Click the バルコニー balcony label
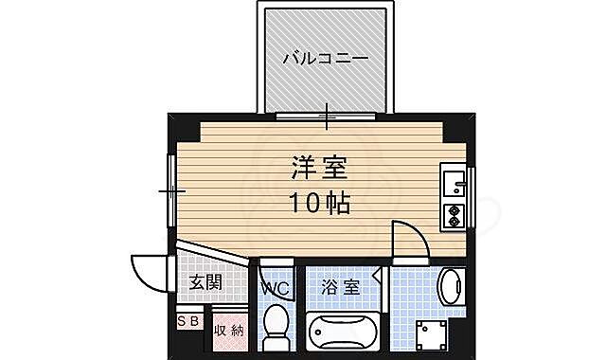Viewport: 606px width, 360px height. (326, 59)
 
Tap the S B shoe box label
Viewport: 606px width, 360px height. (188, 322)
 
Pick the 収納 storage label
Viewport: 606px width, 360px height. (227, 330)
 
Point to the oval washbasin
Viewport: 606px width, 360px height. (452, 286)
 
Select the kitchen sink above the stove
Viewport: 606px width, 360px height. (453, 181)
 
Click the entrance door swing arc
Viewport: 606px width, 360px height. (148, 273)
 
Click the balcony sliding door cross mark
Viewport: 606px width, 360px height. (328, 117)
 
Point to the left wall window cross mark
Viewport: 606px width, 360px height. (171, 189)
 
